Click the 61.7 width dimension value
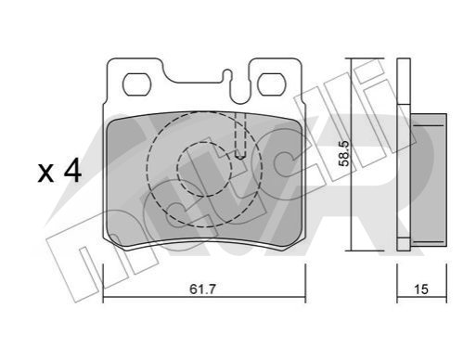pyautogui.click(x=202, y=289)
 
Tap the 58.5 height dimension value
pyautogui.click(x=344, y=154)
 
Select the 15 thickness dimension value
pyautogui.click(x=421, y=289)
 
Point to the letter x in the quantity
pyautogui.click(x=45, y=174)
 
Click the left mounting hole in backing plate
pyautogui.click(x=137, y=84)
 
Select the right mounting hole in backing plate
pyautogui.click(x=272, y=84)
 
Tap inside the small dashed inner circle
pyautogui.click(x=204, y=169)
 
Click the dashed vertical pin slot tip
pyautogui.click(x=240, y=158)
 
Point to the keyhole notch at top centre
pyautogui.click(x=227, y=75)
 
